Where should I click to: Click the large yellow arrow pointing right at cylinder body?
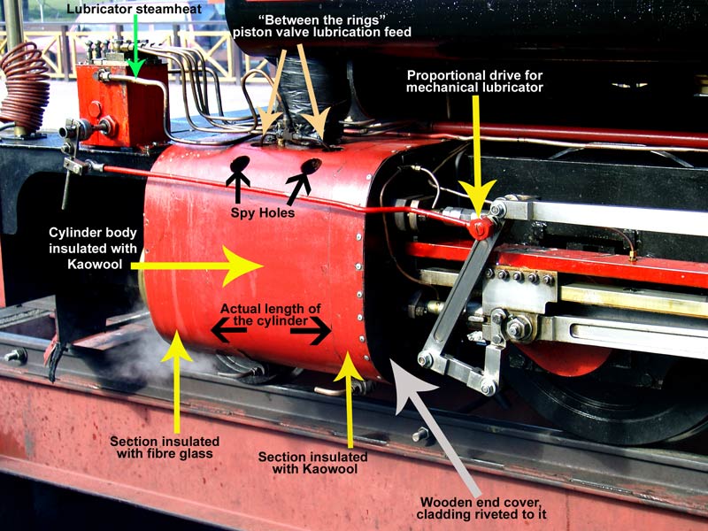(x=198, y=265)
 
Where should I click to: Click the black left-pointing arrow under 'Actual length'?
(x=228, y=331)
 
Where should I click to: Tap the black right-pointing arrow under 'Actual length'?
(x=312, y=331)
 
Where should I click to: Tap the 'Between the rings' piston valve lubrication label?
(x=322, y=26)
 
